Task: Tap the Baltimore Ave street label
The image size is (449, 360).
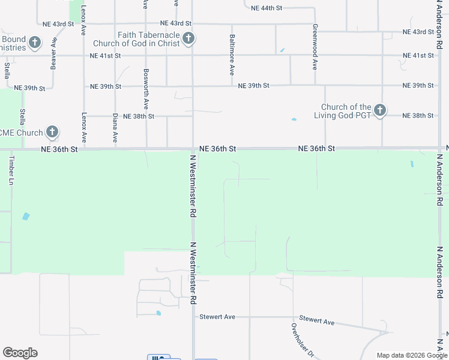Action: tap(232, 54)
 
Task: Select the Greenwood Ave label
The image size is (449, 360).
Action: tap(314, 47)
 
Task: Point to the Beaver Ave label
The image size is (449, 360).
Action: tap(54, 52)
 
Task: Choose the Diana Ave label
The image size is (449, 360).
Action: tap(115, 128)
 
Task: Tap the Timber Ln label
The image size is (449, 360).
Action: tap(11, 171)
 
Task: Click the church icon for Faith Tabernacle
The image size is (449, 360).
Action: tap(188, 40)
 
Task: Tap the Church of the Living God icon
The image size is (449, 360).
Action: tap(379, 110)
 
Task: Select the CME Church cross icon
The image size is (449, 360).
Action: tap(52, 132)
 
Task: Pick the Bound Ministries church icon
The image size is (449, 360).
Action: tap(35, 43)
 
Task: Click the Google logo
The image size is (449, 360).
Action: tap(20, 353)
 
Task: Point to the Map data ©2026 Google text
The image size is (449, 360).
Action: tap(412, 355)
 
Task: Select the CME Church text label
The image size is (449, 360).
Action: tap(22, 133)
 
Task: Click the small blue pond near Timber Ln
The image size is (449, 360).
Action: tap(25, 216)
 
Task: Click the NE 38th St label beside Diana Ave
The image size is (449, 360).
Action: tap(139, 116)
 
